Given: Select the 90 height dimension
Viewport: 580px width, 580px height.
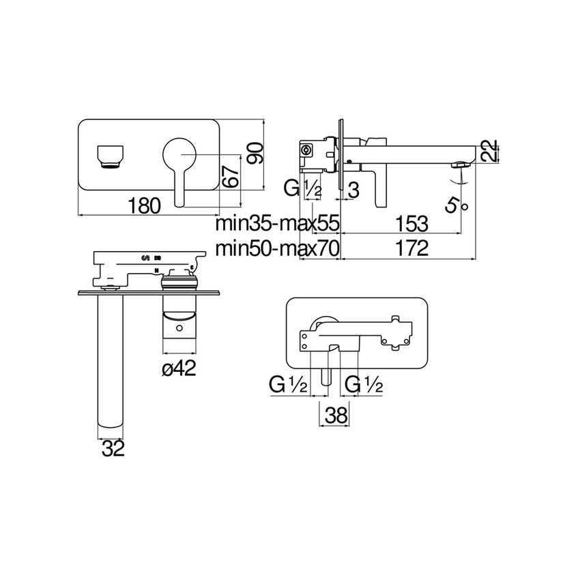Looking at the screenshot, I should coord(255,154).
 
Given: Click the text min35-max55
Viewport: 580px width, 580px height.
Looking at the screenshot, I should coord(277,224).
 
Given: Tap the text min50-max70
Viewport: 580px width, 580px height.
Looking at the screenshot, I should coord(277,249).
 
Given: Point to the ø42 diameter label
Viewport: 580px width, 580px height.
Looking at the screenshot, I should coord(179,368).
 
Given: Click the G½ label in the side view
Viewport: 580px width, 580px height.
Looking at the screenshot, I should coord(303,188).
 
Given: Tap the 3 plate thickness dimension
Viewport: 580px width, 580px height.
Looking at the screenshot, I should coord(353,188).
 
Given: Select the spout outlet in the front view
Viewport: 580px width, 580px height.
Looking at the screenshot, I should coord(111,155).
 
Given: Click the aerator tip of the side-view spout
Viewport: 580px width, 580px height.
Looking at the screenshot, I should coord(463,164).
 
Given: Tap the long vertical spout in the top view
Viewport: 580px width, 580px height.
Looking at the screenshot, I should coord(111,362).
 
